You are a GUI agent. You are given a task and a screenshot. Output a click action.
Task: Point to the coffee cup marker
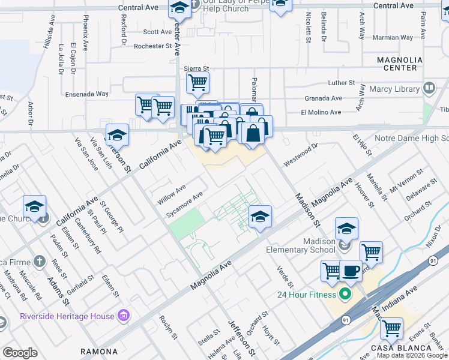(x=351, y=271)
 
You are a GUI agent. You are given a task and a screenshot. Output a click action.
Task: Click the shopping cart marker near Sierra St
(x=197, y=83)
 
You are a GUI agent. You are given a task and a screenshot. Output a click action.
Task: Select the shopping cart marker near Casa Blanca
(x=391, y=329)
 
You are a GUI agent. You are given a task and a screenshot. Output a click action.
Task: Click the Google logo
(x=20, y=353)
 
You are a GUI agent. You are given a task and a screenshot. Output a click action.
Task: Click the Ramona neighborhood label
(x=100, y=352)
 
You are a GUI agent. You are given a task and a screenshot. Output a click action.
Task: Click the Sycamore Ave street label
(x=185, y=205)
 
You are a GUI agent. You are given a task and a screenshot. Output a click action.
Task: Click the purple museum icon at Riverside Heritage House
(x=124, y=314)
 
